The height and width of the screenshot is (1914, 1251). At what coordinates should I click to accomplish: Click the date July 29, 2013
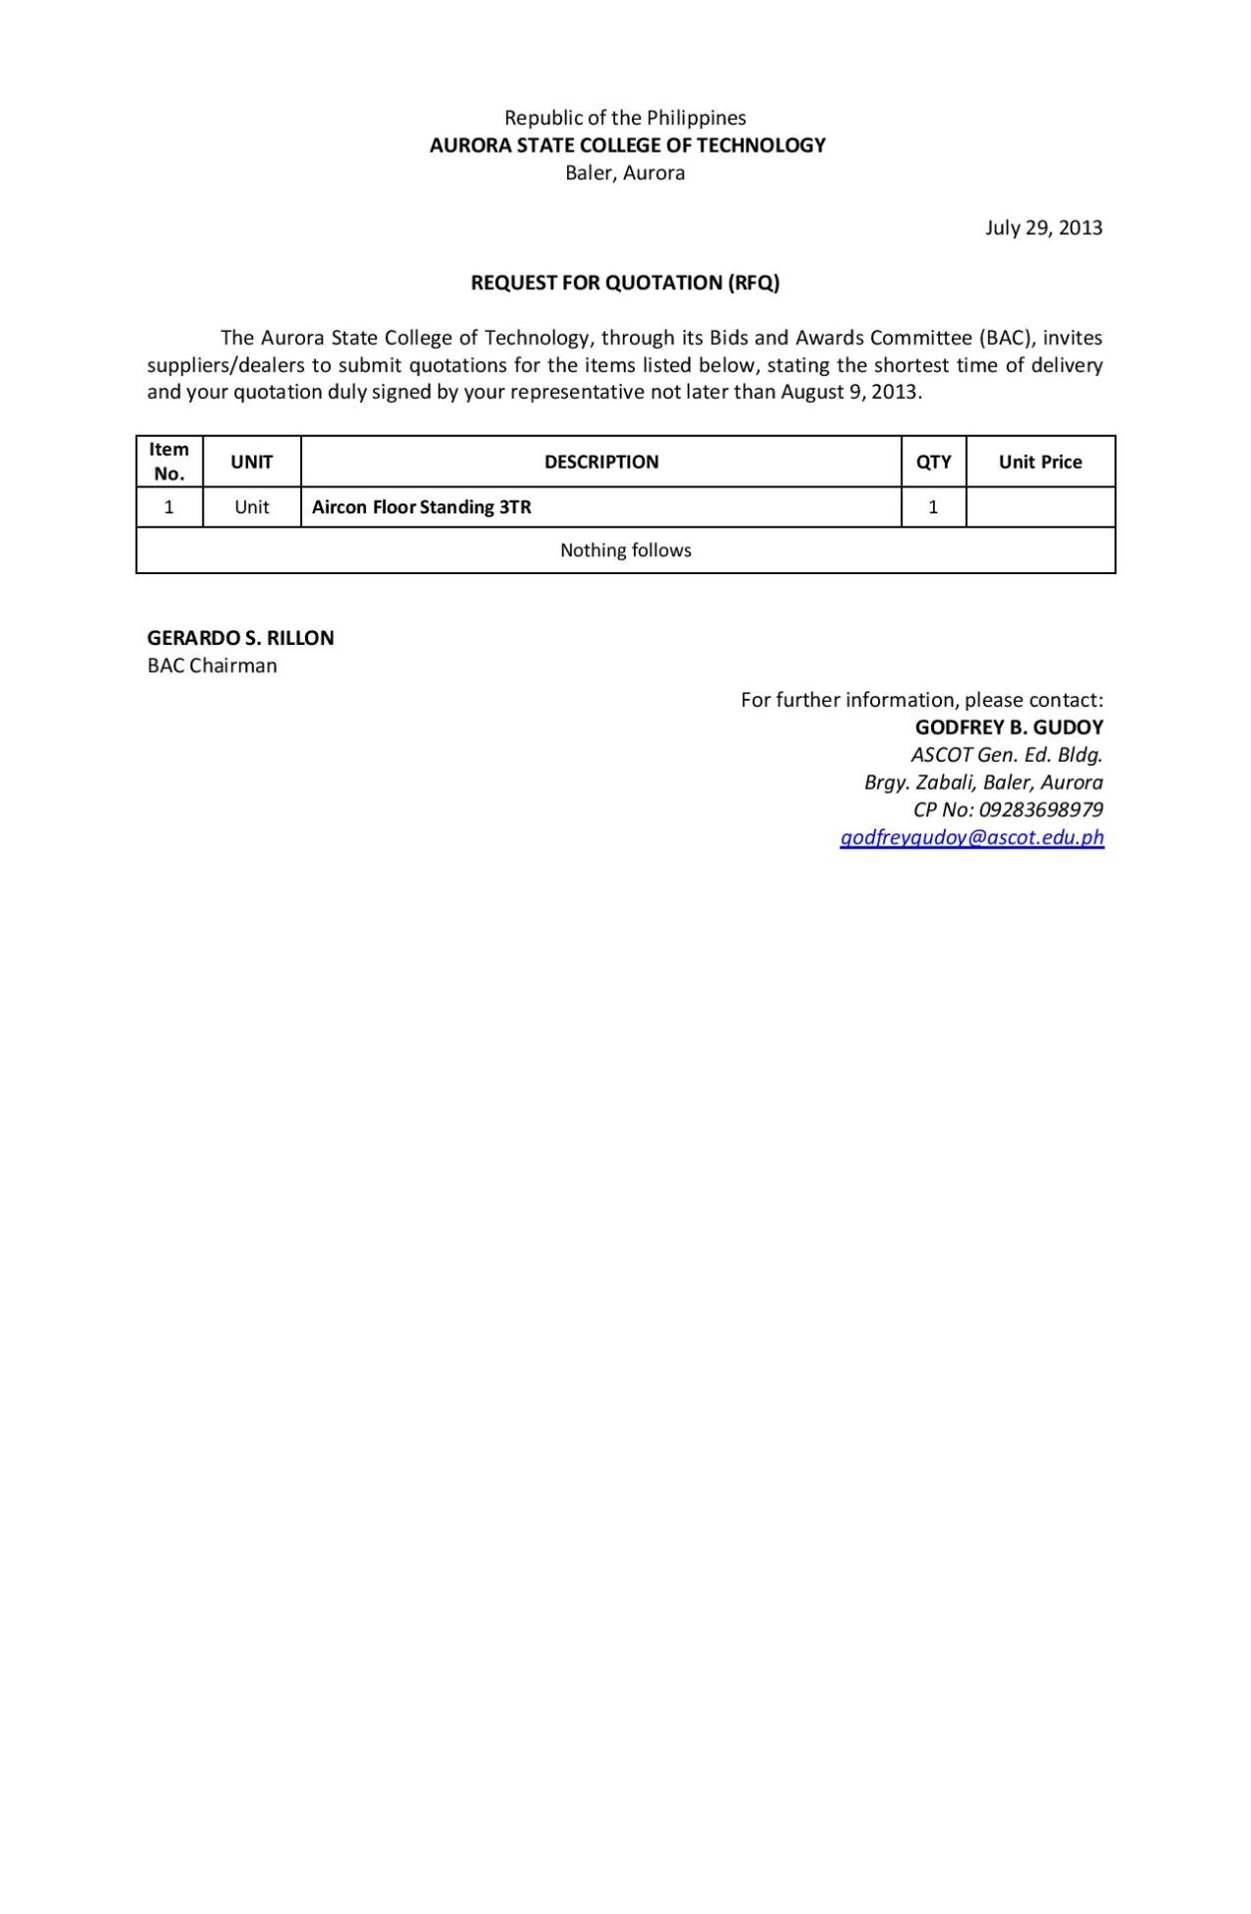[x=1044, y=228]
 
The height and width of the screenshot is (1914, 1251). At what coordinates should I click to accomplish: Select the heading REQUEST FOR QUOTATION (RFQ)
[x=625, y=283]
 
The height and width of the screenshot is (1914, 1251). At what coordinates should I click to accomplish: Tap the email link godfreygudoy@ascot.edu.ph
[x=972, y=837]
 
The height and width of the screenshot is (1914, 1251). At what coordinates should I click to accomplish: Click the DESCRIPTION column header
[x=601, y=463]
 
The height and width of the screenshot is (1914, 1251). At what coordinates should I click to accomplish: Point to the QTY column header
[x=933, y=463]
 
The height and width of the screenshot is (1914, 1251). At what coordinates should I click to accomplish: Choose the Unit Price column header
[x=1040, y=463]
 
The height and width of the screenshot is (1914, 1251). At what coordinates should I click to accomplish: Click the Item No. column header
[x=168, y=462]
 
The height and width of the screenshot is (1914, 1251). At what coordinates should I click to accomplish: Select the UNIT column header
[x=251, y=463]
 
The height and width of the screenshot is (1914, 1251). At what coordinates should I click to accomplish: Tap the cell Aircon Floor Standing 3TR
[x=422, y=507]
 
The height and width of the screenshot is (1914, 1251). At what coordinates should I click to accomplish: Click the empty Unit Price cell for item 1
[x=1040, y=507]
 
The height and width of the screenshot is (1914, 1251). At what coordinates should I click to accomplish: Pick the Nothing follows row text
[x=625, y=550]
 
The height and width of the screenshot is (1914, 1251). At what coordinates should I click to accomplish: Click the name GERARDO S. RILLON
[x=240, y=638]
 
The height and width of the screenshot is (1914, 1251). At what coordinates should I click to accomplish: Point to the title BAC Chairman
[x=212, y=666]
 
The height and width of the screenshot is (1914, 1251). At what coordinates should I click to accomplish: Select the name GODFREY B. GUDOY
[x=1009, y=728]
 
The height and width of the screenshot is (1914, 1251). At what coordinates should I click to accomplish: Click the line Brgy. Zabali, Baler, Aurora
[x=983, y=783]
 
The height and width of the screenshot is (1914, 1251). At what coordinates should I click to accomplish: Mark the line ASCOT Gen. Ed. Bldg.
[x=1007, y=755]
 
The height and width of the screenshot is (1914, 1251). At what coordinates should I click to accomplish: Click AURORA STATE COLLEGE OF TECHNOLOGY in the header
[x=627, y=146]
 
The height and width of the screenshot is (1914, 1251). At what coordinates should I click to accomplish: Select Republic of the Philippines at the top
[x=625, y=118]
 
